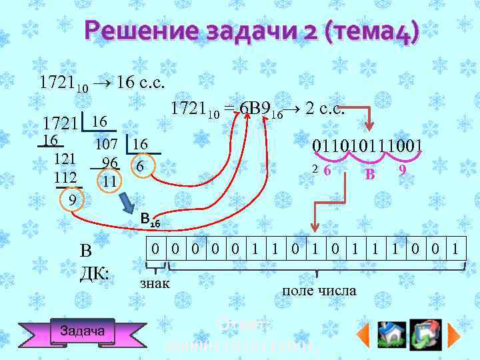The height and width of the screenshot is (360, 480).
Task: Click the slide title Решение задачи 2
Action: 253,31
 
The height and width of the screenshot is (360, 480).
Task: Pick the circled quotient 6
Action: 139,167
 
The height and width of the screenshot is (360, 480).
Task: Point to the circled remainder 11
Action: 109,181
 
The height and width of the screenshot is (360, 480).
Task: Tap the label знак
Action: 155,284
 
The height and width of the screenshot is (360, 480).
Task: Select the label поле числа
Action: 319,291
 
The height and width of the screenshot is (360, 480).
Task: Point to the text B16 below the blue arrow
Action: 150,219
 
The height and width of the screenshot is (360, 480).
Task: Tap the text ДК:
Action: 95,273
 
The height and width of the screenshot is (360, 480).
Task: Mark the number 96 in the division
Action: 110,163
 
